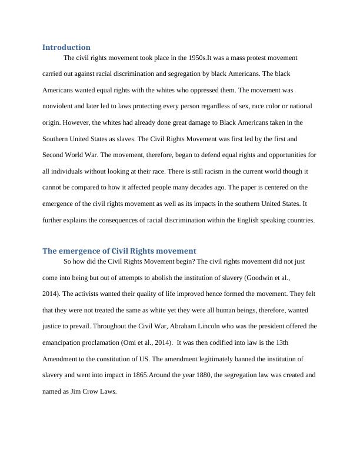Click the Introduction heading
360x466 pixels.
click(x=66, y=47)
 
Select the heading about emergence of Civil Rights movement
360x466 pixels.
click(x=119, y=251)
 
